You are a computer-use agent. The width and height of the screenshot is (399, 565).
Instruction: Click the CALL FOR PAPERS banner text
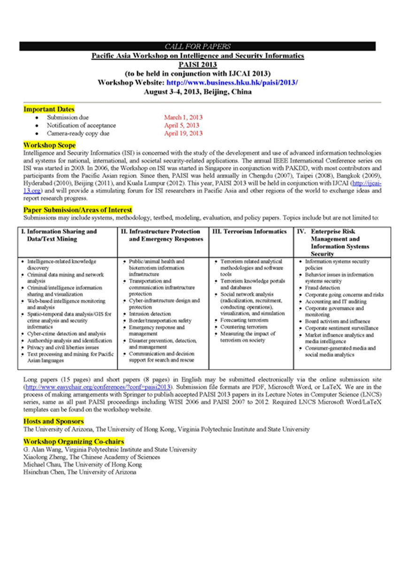198,46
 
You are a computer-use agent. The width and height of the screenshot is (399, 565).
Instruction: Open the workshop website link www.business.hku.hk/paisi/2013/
232,83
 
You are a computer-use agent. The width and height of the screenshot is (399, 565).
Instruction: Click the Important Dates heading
49,109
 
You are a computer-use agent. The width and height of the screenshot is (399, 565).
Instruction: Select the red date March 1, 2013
183,117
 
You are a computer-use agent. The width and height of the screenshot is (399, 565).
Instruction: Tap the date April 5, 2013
181,125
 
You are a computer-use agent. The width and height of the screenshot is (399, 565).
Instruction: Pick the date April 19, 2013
183,133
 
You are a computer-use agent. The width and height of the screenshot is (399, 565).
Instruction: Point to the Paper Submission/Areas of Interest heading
77,210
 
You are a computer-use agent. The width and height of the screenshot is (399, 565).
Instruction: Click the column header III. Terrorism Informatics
249,232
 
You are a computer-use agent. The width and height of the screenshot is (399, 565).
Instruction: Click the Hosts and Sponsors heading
54,421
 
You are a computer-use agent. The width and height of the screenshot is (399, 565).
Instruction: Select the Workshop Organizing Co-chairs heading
74,442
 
